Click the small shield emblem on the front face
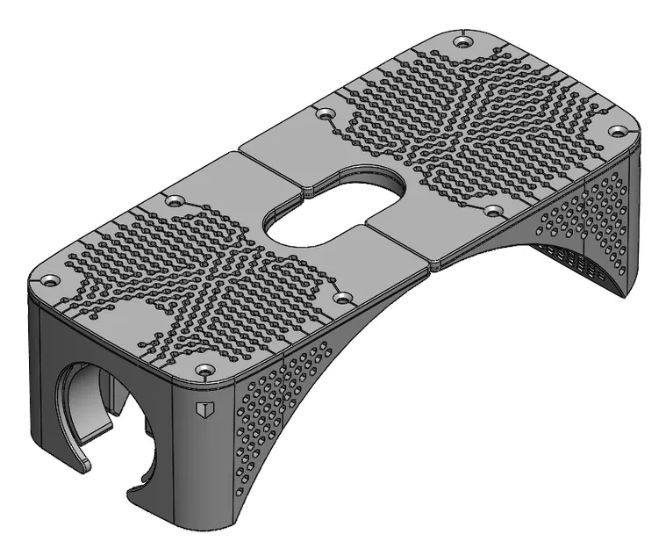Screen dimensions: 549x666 (204, 409)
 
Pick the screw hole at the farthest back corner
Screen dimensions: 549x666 (462, 41)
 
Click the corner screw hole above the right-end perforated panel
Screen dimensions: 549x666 (618, 132)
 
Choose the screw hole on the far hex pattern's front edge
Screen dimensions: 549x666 (492, 211)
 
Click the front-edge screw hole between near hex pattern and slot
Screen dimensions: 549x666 (341, 298)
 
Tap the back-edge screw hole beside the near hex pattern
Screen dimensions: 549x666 (172, 200)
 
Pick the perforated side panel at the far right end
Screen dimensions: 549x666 (588, 228)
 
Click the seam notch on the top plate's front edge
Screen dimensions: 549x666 (431, 261)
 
